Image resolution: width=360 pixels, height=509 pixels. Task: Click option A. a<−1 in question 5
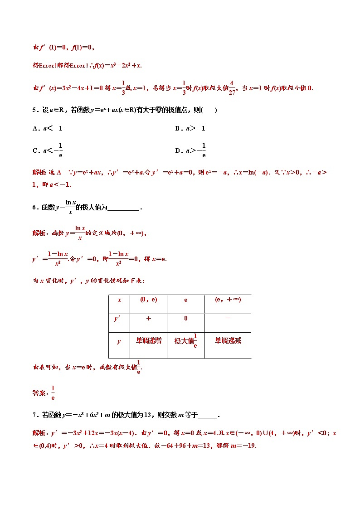click(48, 128)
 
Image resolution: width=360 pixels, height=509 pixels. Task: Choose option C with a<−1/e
click(48, 150)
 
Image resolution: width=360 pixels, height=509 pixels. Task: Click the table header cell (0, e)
click(148, 300)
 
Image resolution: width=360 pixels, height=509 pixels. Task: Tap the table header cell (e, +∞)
click(227, 300)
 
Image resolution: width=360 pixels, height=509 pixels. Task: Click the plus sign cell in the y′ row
click(148, 319)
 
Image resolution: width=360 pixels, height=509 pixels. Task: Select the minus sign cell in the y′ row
click(227, 318)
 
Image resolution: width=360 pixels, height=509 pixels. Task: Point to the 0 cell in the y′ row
click(186, 319)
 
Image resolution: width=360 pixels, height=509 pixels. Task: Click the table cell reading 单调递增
click(148, 341)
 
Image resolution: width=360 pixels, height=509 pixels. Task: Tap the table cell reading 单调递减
click(227, 341)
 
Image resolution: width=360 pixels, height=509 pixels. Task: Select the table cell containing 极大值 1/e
click(186, 341)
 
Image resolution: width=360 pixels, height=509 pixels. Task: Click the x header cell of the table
click(119, 300)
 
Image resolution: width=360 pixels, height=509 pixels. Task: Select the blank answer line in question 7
click(207, 416)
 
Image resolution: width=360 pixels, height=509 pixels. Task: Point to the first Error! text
click(50, 66)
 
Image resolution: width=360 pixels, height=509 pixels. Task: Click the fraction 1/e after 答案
click(53, 393)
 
